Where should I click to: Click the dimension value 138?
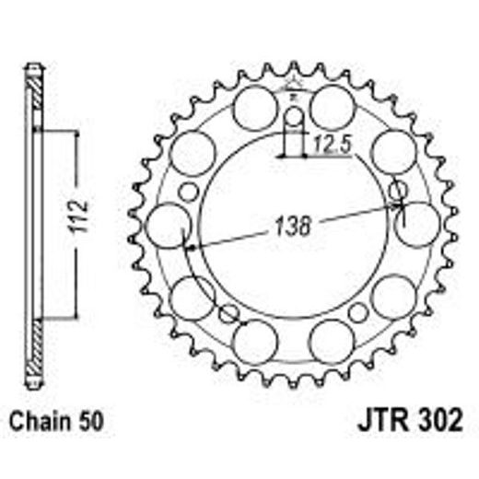coord(292,224)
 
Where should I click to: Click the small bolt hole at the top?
coord(294,118)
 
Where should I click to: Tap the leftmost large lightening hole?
coord(168,225)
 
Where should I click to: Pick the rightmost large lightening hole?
coord(420,225)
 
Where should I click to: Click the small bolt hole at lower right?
coord(357,312)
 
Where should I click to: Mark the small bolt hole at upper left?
coord(188,192)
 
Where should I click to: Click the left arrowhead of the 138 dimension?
coord(189,246)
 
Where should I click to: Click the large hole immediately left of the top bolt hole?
coord(254,109)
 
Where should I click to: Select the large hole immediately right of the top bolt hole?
coord(333,109)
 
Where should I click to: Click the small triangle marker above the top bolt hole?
coord(294,95)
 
